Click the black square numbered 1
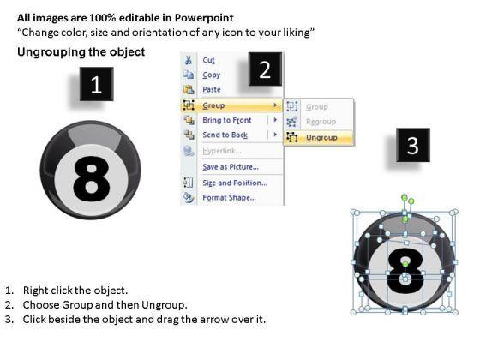point(96,84)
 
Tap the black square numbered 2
point(265,69)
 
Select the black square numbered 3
point(412,145)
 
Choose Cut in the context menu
point(208,60)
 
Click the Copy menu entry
point(211,75)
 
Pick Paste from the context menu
point(212,90)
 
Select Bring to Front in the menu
point(227,120)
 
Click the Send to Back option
point(225,135)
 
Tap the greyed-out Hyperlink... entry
point(222,151)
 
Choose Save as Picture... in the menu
point(231,167)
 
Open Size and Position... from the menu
point(235,183)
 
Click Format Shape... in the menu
point(230,198)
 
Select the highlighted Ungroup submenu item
point(321,138)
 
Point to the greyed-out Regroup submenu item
point(321,122)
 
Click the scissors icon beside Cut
point(189,60)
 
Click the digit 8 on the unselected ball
point(91,179)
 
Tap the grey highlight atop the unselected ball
point(94,135)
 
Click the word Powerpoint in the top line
point(204,18)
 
